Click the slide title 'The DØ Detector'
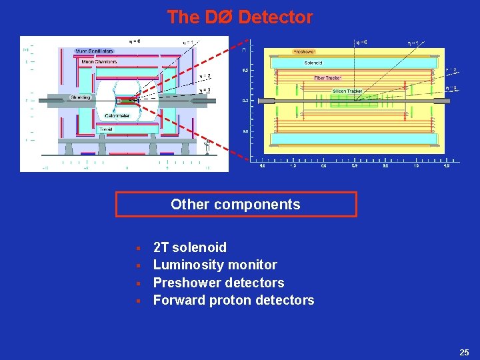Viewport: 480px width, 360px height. point(239,17)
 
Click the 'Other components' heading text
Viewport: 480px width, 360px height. point(235,205)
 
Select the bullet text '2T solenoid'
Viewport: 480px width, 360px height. point(190,248)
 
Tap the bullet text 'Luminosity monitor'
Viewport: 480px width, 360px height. point(215,265)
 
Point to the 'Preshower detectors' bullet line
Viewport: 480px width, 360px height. point(219,283)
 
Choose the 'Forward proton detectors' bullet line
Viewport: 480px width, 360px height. point(233,300)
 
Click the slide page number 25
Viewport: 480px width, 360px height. point(464,351)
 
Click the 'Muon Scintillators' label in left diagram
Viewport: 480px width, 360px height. point(94,51)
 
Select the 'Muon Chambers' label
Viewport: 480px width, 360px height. point(99,62)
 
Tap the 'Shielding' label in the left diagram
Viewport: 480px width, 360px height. point(80,97)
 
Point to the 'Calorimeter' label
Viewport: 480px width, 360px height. point(117,116)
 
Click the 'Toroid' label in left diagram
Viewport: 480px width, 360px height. point(105,129)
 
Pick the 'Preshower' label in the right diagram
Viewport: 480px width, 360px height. point(304,51)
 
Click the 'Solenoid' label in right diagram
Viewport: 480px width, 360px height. point(313,63)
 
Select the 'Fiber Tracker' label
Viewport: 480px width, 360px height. point(329,78)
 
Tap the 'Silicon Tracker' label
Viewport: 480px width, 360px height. point(347,91)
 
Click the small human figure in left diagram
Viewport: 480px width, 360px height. point(208,142)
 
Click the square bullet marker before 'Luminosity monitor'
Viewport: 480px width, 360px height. point(137,266)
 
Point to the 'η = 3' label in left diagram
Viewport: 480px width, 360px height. point(205,90)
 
